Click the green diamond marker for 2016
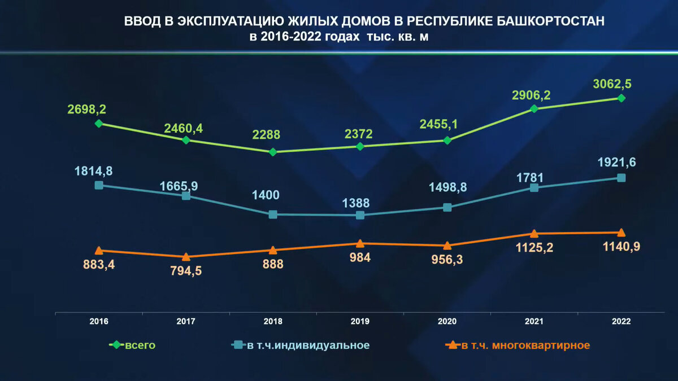[x=99, y=123]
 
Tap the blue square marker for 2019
[x=360, y=215]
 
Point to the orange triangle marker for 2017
[x=186, y=257]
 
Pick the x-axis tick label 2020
[x=447, y=321]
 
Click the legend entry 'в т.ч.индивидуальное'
[x=308, y=345]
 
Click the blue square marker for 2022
[x=621, y=178]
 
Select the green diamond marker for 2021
[x=534, y=108]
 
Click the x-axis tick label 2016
[x=99, y=321]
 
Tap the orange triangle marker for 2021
[x=534, y=233]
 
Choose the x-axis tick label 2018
[x=273, y=321]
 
